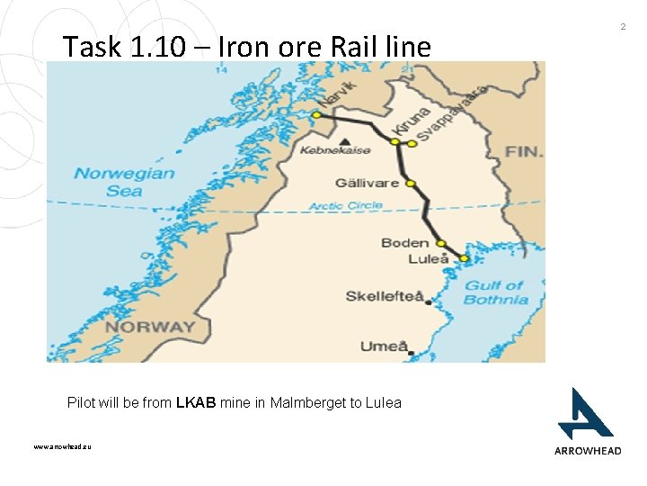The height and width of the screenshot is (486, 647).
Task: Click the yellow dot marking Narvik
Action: click(316, 115)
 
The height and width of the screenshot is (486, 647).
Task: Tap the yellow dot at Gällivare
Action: click(411, 184)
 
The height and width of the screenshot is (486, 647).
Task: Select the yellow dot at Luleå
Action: click(465, 258)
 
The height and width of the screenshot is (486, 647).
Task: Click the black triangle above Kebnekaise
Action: click(346, 140)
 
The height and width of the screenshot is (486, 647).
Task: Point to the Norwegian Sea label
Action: click(124, 182)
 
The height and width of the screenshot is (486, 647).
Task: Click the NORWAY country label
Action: click(149, 326)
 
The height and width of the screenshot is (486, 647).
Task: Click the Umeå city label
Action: click(385, 346)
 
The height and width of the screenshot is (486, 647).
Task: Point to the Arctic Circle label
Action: click(346, 206)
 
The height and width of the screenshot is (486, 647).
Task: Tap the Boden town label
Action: click(404, 243)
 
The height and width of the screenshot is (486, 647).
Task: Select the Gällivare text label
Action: click(368, 183)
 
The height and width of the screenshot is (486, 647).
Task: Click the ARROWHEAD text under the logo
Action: click(587, 451)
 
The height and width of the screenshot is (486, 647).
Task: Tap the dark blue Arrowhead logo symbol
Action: click(584, 413)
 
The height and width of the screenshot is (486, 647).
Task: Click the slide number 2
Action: click(623, 28)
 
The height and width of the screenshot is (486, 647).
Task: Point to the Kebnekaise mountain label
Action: click(335, 150)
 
